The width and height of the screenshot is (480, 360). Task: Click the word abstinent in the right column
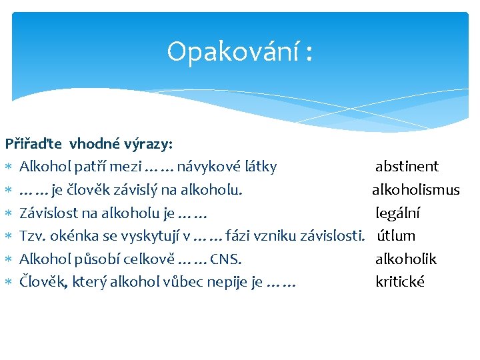click(407, 167)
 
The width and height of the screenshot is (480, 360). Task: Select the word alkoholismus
click(416, 190)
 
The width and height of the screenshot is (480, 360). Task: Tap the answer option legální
click(397, 213)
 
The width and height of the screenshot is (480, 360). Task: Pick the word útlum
click(397, 235)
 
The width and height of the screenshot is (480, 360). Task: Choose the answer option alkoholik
click(406, 259)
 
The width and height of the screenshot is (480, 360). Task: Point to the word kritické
click(400, 281)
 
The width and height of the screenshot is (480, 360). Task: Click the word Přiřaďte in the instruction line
click(34, 143)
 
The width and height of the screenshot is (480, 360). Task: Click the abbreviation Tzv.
click(31, 235)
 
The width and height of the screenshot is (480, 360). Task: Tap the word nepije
click(230, 281)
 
